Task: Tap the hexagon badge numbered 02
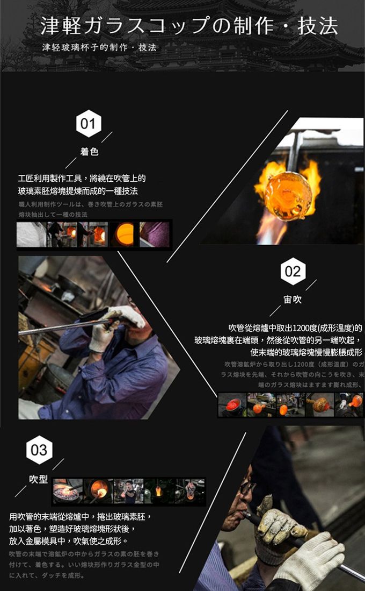pos(293,272)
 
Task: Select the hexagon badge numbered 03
pos(39,450)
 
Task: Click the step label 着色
pos(89,152)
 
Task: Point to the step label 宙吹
pos(293,300)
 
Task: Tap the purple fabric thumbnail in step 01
pos(155,234)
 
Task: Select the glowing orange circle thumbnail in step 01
pos(124,234)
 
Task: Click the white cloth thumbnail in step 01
pos(31,234)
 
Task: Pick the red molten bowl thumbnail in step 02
pos(232,405)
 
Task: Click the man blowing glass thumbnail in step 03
pos(128,491)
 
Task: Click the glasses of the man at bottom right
pos(247,487)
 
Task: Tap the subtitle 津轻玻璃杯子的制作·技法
pos(99,47)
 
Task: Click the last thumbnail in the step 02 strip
pos(349,405)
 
